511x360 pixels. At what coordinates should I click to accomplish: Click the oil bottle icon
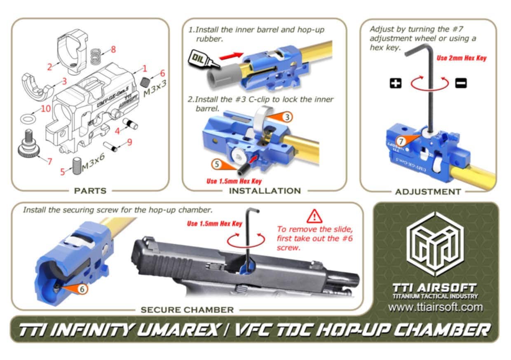click(204, 59)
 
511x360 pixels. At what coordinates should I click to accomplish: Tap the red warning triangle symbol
click(314, 216)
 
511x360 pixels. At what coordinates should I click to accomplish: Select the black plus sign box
click(396, 83)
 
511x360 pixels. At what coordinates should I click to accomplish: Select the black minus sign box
click(461, 83)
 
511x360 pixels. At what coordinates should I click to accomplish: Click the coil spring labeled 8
click(96, 56)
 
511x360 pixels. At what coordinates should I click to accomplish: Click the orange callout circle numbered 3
click(287, 117)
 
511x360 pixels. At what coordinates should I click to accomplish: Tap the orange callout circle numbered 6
click(82, 289)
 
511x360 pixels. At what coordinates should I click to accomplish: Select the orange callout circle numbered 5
click(217, 164)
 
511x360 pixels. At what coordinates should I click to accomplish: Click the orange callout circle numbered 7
click(401, 141)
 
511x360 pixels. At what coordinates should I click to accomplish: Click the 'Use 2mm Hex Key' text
click(462, 58)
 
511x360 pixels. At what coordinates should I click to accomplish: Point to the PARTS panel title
click(90, 191)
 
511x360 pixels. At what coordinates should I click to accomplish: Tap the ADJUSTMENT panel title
click(428, 192)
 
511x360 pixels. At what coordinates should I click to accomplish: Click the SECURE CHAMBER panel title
click(187, 310)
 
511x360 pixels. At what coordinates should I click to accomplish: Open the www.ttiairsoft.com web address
click(435, 308)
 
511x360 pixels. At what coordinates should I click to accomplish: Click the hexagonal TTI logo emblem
click(435, 243)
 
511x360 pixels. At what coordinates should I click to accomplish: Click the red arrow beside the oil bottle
click(231, 56)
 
